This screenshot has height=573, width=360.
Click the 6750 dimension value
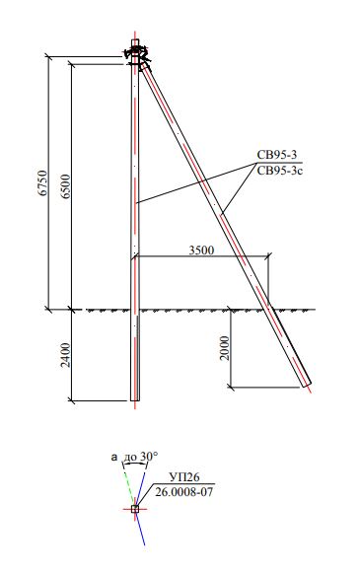[x=43, y=182]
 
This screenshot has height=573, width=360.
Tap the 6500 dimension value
[x=66, y=186]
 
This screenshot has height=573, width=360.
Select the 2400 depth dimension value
[x=65, y=355]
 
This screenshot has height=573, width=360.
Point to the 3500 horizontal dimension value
[x=201, y=251]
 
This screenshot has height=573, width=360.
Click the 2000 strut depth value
[x=225, y=348]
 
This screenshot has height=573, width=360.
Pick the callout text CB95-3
[x=277, y=155]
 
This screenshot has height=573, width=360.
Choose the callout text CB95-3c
[x=280, y=171]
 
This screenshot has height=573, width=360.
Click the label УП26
[x=184, y=477]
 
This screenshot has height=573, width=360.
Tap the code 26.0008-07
[x=183, y=491]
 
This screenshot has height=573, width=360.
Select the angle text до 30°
[x=141, y=457]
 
